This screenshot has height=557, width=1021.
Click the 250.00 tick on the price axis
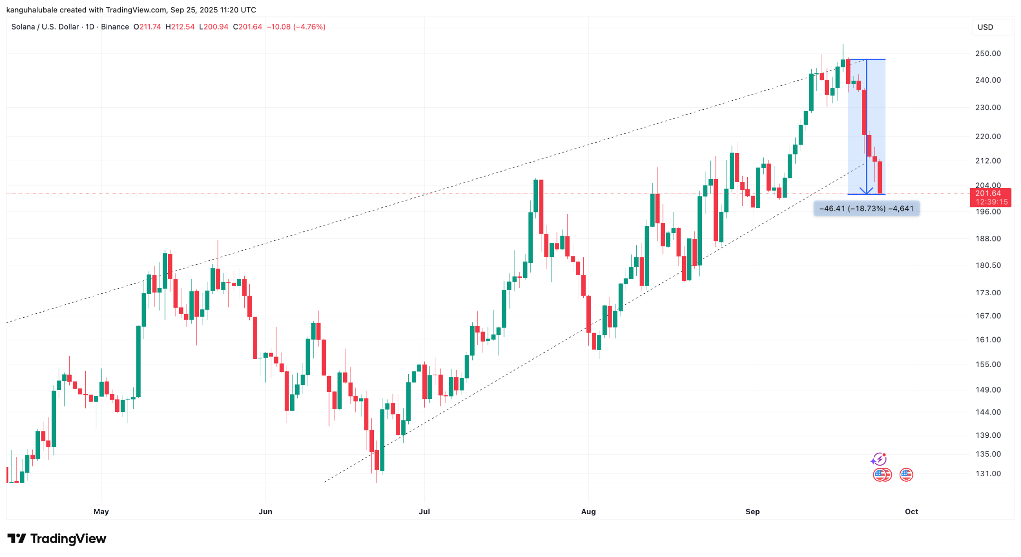pos(988,53)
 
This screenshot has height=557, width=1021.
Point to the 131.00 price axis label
pos(988,474)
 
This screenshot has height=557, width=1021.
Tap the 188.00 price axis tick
pos(988,239)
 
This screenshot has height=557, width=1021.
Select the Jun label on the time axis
pos(265,512)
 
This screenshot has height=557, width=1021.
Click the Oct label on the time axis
pos(911,512)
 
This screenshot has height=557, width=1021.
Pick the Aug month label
pos(588,512)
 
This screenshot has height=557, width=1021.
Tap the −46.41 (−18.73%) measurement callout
pos(866,208)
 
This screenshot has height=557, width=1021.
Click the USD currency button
pos(985,27)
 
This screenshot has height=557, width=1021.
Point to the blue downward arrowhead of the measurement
pos(866,191)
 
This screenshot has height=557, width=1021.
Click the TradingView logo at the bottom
pos(57,539)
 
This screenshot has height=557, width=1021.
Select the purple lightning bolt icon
pos(878,459)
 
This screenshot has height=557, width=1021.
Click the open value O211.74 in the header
pos(147,27)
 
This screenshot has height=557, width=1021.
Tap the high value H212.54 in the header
pos(180,27)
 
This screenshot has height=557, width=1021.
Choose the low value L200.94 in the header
pos(213,27)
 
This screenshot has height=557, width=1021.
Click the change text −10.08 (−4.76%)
pos(296,27)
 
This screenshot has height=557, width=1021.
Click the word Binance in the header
pos(115,27)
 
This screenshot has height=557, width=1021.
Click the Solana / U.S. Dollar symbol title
pos(45,27)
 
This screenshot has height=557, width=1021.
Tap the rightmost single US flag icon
pos(906,475)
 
